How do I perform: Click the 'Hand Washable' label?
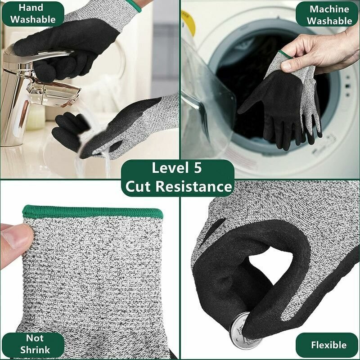click(33, 13)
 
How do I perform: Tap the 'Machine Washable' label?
click(329, 15)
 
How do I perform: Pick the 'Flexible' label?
click(328, 345)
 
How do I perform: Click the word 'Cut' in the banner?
click(138, 186)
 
